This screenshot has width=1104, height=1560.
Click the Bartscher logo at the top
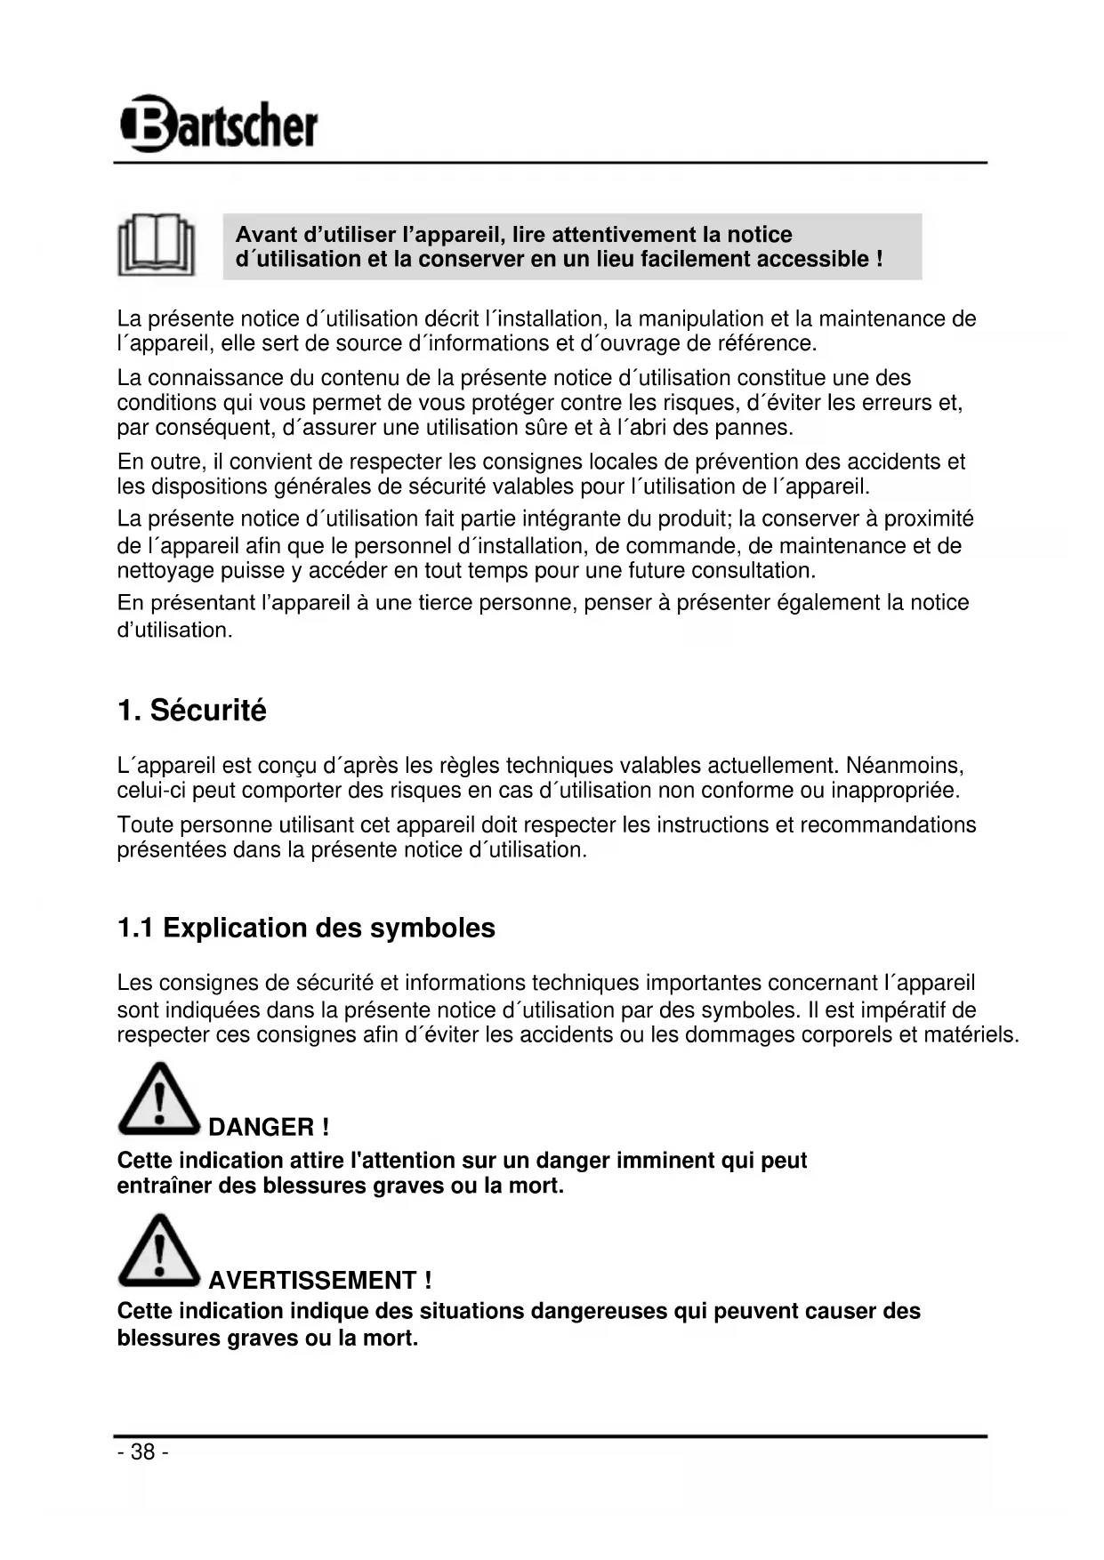(x=218, y=124)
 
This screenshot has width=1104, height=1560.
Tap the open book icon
(x=157, y=245)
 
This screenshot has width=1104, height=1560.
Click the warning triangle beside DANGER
(x=158, y=1099)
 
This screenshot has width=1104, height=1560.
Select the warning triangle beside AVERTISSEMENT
(x=158, y=1251)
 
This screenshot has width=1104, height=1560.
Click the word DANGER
(x=262, y=1128)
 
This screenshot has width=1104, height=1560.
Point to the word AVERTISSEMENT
(x=312, y=1281)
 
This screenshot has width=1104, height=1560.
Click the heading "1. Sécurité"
(x=191, y=711)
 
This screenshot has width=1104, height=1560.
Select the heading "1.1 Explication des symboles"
(x=306, y=928)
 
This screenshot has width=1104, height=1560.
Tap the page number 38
(x=142, y=1452)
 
